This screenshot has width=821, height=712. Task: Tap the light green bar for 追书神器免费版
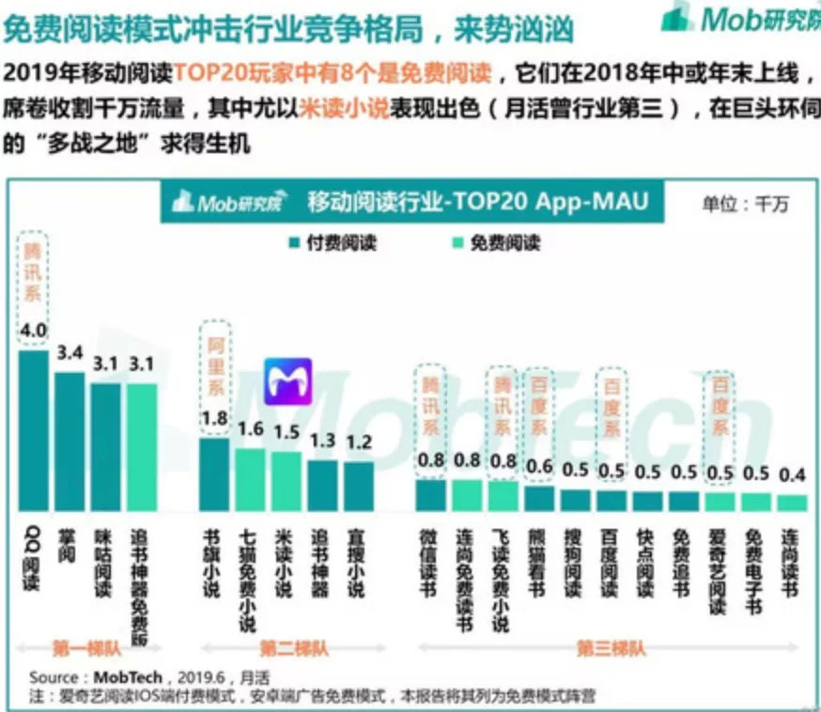(x=143, y=445)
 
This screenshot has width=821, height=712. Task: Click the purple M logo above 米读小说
(x=287, y=381)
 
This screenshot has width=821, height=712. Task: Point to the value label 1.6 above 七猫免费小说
(x=252, y=429)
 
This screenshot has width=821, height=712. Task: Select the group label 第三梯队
(x=611, y=648)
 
